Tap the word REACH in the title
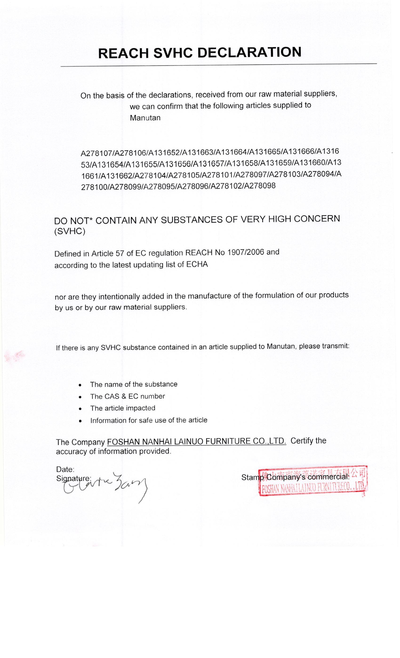pyautogui.click(x=123, y=53)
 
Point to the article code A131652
pyautogui.click(x=164, y=153)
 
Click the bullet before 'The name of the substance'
pyautogui.click(x=80, y=385)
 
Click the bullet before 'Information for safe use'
pyautogui.click(x=80, y=421)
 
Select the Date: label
pyautogui.click(x=65, y=469)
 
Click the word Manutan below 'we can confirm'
pyautogui.click(x=145, y=118)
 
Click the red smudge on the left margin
pyautogui.click(x=16, y=356)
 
